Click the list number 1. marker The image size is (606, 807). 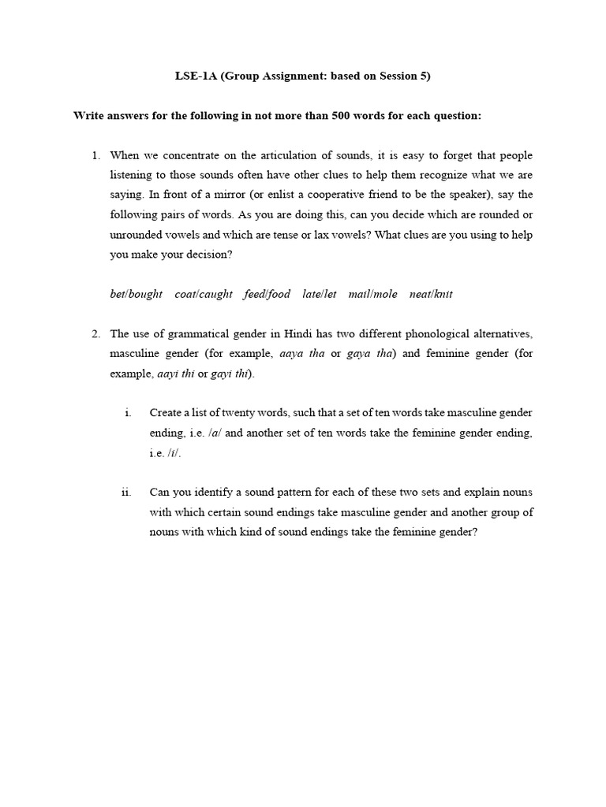pos(97,155)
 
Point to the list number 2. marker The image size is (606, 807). pos(97,334)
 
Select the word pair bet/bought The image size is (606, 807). pos(136,294)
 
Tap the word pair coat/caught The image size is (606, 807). pos(204,294)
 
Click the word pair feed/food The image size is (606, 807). pos(267,294)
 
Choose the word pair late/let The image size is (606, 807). pos(320,294)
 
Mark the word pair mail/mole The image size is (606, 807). pos(373,294)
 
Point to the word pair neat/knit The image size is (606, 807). pos(431,294)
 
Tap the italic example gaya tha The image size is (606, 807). pos(369,354)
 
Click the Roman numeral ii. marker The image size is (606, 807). pos(126,493)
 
